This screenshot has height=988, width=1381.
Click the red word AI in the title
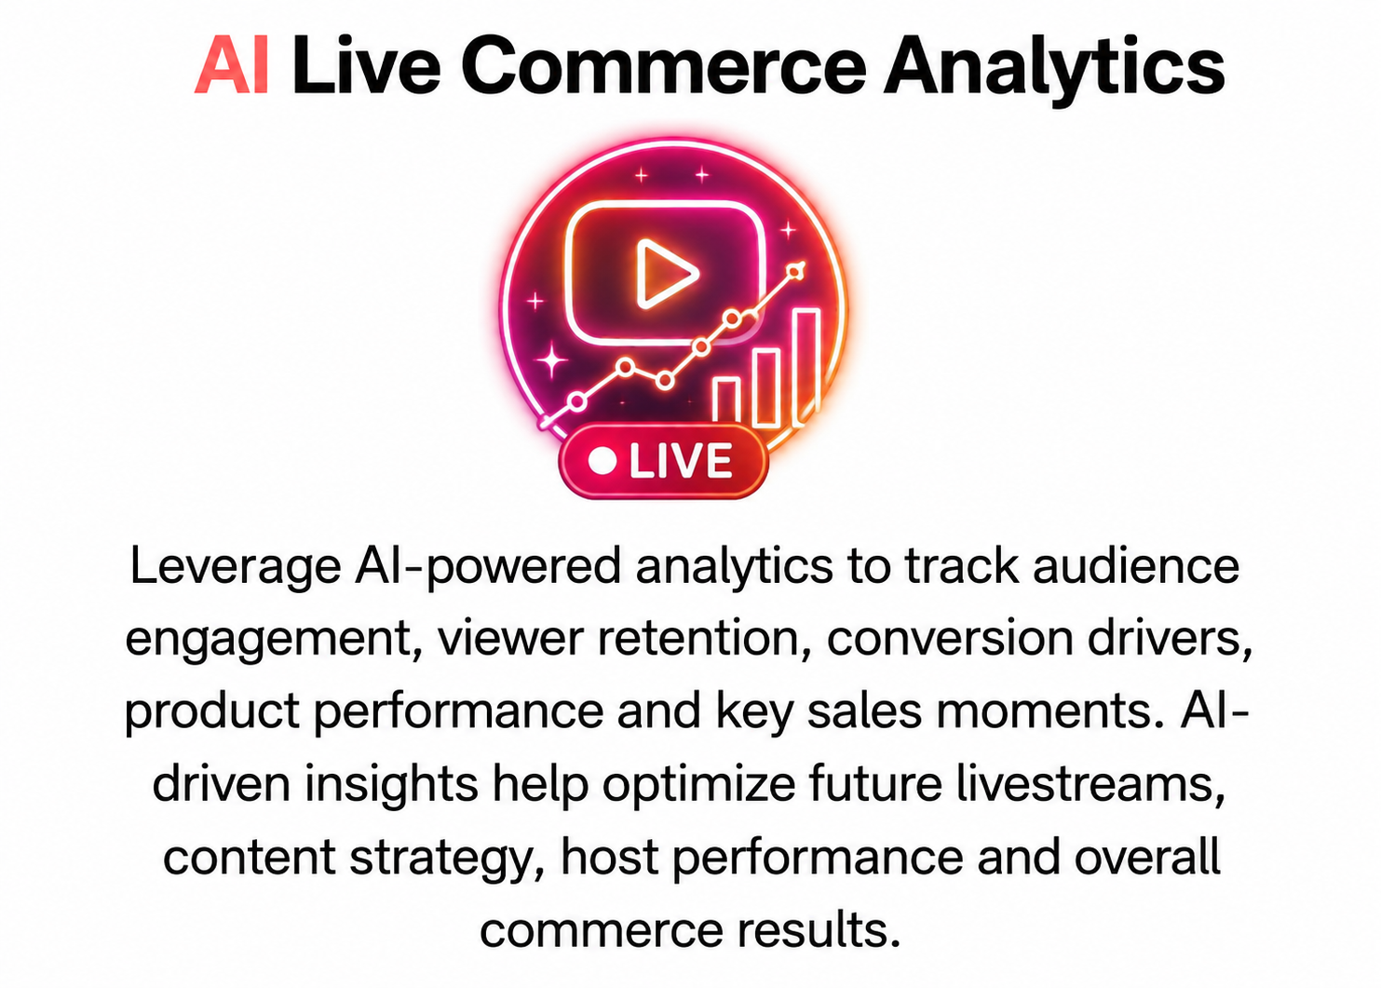pyautogui.click(x=231, y=64)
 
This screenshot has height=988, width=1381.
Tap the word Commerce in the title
pyautogui.click(x=663, y=64)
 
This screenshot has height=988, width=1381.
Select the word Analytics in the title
pyautogui.click(x=1053, y=68)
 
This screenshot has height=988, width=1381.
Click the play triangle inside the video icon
pyautogui.click(x=667, y=273)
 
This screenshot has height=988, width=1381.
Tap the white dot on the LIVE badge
pyautogui.click(x=602, y=460)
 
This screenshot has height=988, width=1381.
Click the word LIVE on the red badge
pyautogui.click(x=681, y=460)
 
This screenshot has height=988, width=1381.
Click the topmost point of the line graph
pyautogui.click(x=796, y=271)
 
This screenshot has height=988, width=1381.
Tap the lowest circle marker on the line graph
pyautogui.click(x=576, y=402)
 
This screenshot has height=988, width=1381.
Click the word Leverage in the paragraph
pyautogui.click(x=236, y=568)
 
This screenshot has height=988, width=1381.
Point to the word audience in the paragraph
pyautogui.click(x=1136, y=566)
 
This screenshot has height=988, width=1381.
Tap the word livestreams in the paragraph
pyautogui.click(x=1090, y=785)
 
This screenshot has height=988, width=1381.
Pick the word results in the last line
pyautogui.click(x=819, y=930)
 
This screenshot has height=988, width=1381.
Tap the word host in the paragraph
pyautogui.click(x=609, y=858)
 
